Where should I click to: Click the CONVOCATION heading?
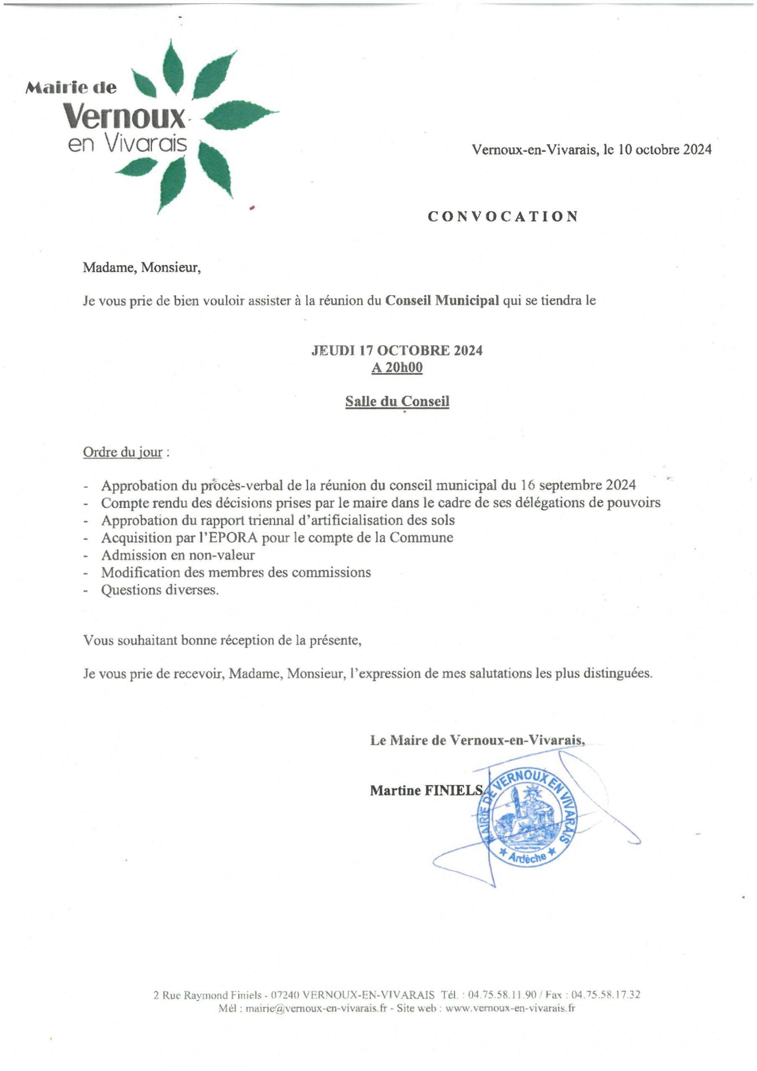tap(503, 216)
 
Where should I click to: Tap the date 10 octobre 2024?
tap(665, 149)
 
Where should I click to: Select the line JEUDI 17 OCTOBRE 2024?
tap(396, 350)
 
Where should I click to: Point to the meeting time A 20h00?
tap(396, 368)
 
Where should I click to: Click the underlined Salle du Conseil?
tap(397, 401)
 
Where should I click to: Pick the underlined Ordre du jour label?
tap(123, 452)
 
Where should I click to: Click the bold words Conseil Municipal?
tap(442, 300)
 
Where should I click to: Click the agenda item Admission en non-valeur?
tap(178, 555)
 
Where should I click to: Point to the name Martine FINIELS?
tap(426, 790)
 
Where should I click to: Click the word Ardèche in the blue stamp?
tap(527, 856)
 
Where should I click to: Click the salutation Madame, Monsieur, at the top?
tap(142, 268)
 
